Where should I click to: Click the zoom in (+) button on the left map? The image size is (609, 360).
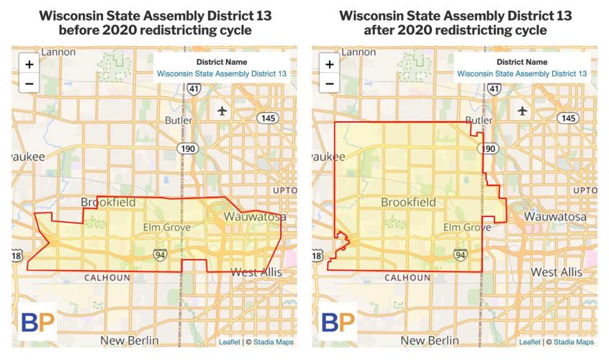tap(30, 64)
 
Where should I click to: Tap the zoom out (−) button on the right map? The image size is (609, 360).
tap(330, 83)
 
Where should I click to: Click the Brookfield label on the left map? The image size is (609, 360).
tap(108, 202)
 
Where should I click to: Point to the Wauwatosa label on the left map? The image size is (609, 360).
tap(255, 216)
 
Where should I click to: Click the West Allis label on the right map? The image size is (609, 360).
tap(556, 272)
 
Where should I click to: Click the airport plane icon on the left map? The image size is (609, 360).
tap(221, 111)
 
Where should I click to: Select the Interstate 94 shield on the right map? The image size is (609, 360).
tap(461, 254)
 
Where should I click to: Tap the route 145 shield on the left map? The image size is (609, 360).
tap(268, 118)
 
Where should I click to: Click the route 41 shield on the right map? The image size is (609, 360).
tap(493, 88)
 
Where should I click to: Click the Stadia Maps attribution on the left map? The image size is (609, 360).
tap(274, 342)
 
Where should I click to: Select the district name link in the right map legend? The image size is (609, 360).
tap(522, 73)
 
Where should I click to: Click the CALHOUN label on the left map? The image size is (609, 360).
tap(107, 277)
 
